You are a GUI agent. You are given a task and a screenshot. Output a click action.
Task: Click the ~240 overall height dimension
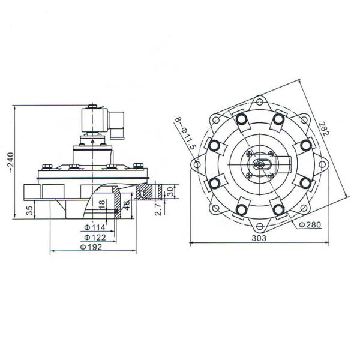pos(11,163)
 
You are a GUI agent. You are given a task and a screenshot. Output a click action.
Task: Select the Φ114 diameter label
pos(95,227)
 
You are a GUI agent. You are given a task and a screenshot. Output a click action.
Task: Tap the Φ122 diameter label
pos(95,238)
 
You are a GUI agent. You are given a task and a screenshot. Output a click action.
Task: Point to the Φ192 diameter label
pos(91,247)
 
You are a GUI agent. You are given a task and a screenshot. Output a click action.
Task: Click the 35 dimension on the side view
pos(29,211)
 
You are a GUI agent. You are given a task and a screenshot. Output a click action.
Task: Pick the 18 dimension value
pos(103,205)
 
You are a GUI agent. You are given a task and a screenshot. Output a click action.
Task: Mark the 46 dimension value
pos(126,205)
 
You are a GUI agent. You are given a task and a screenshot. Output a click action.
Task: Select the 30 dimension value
pos(170,191)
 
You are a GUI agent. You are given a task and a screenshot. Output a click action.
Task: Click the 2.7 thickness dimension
pos(158,209)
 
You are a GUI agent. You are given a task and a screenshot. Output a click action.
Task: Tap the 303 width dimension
pos(259,238)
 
